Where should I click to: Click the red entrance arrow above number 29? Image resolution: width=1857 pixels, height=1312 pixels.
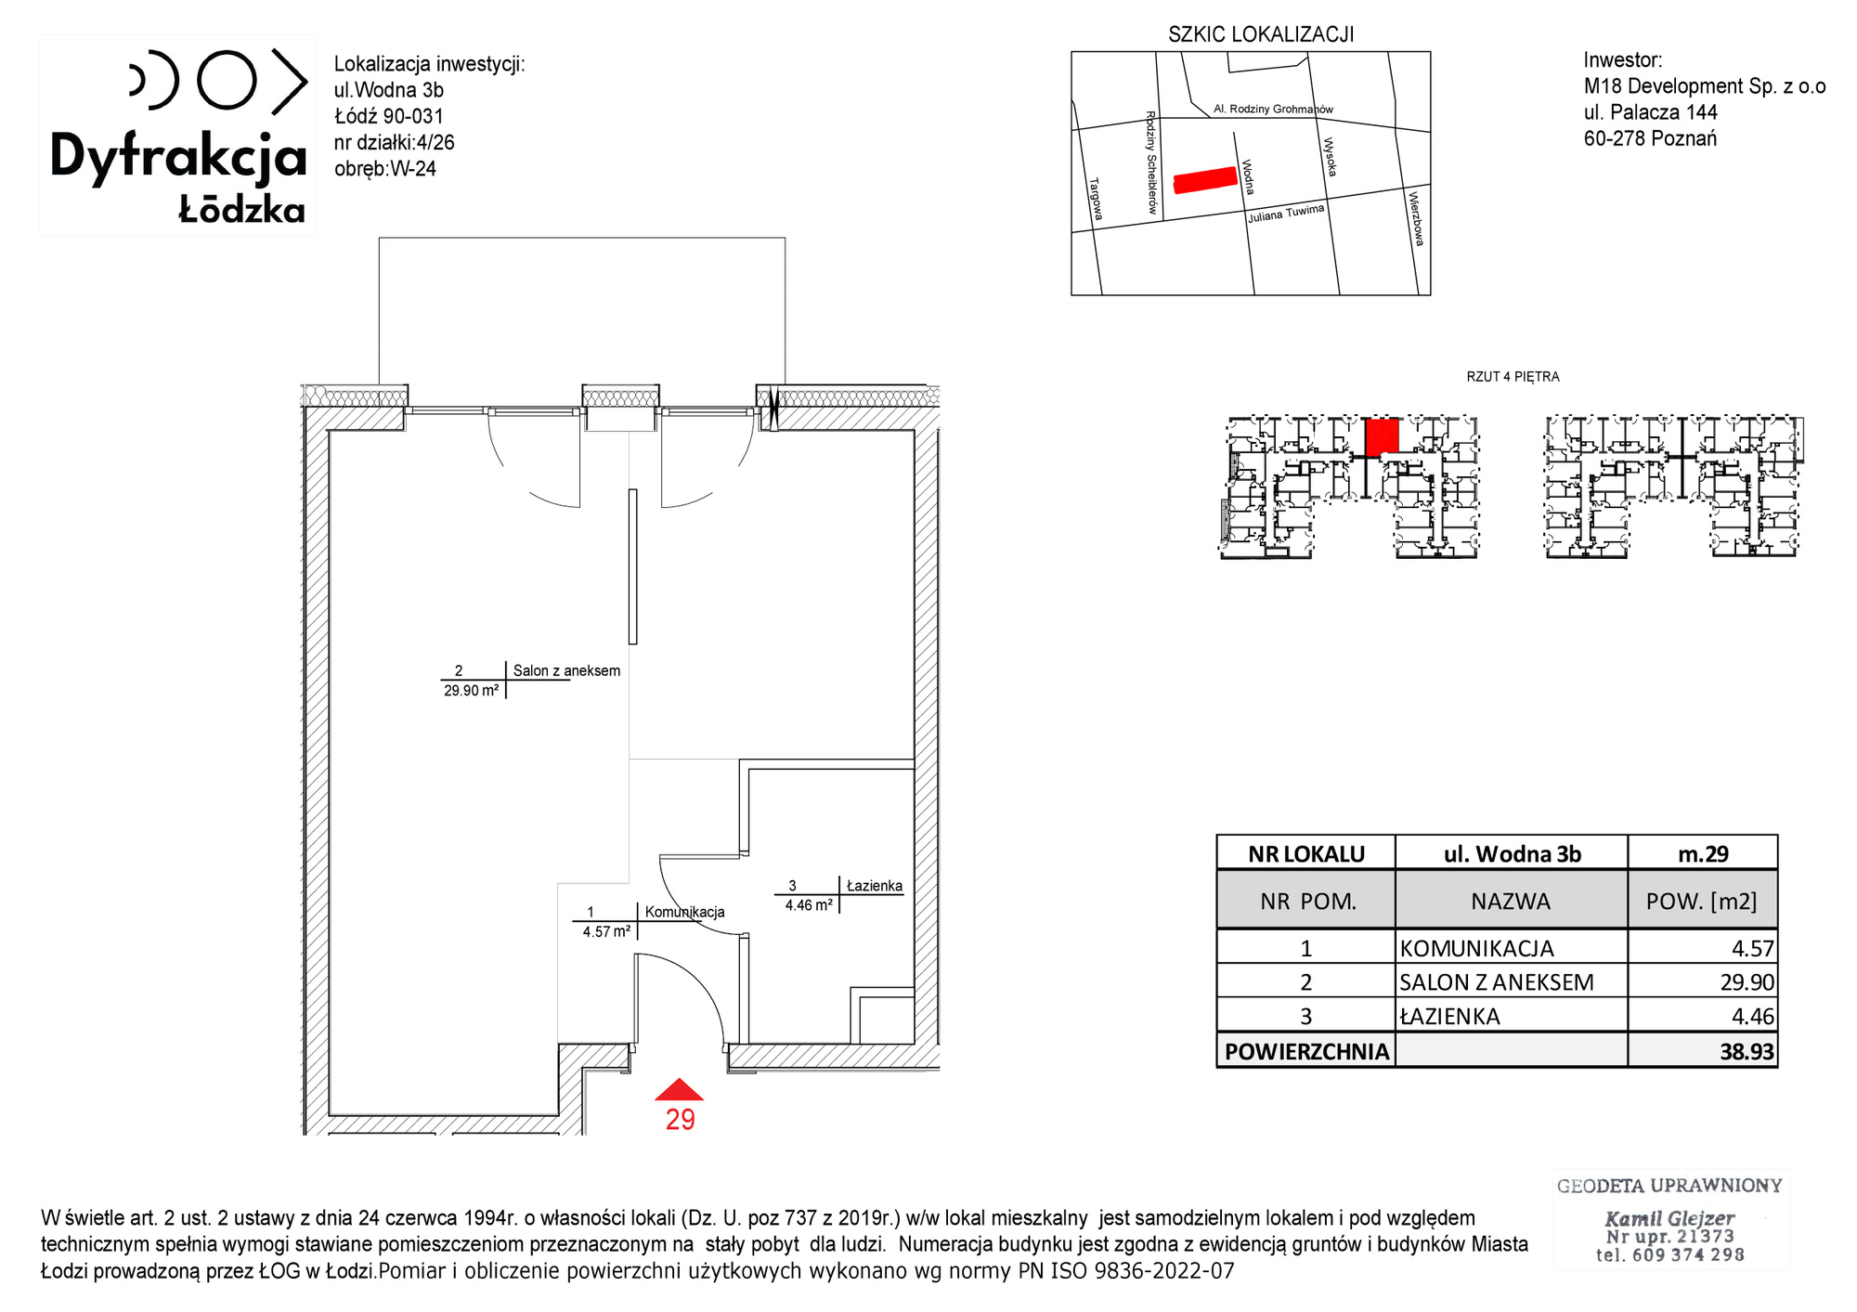[x=680, y=1090]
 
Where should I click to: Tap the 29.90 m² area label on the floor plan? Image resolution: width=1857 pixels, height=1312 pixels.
[x=472, y=691]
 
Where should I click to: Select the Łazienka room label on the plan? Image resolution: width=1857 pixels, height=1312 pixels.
[x=875, y=886]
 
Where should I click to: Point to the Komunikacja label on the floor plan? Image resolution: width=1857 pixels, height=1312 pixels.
[x=685, y=912]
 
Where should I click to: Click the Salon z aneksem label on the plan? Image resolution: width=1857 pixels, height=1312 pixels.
[x=566, y=670]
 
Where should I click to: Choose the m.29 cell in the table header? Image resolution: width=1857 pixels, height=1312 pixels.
[x=1703, y=853]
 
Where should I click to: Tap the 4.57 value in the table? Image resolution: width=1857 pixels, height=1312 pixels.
[x=1753, y=949]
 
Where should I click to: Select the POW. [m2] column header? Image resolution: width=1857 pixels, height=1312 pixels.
[x=1702, y=901]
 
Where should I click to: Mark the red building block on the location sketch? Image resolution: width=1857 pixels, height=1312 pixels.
[x=1206, y=179]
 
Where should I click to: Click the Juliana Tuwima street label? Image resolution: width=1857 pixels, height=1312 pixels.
[x=1286, y=214]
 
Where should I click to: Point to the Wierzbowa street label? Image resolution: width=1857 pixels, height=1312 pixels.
[x=1416, y=218]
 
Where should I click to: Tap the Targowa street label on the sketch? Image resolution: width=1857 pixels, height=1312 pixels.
[x=1096, y=199]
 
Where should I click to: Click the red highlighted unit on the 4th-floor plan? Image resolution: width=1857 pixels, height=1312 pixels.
[x=1382, y=435]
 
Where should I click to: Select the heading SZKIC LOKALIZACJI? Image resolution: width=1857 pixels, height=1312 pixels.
[x=1261, y=34]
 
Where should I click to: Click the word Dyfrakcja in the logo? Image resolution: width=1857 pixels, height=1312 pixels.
[x=178, y=156]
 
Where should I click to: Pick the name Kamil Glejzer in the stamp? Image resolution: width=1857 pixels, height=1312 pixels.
[x=1669, y=1218]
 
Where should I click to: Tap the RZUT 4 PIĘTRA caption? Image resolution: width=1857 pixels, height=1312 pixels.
[x=1513, y=377]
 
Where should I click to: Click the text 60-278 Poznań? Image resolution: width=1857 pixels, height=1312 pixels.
[x=1650, y=138]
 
